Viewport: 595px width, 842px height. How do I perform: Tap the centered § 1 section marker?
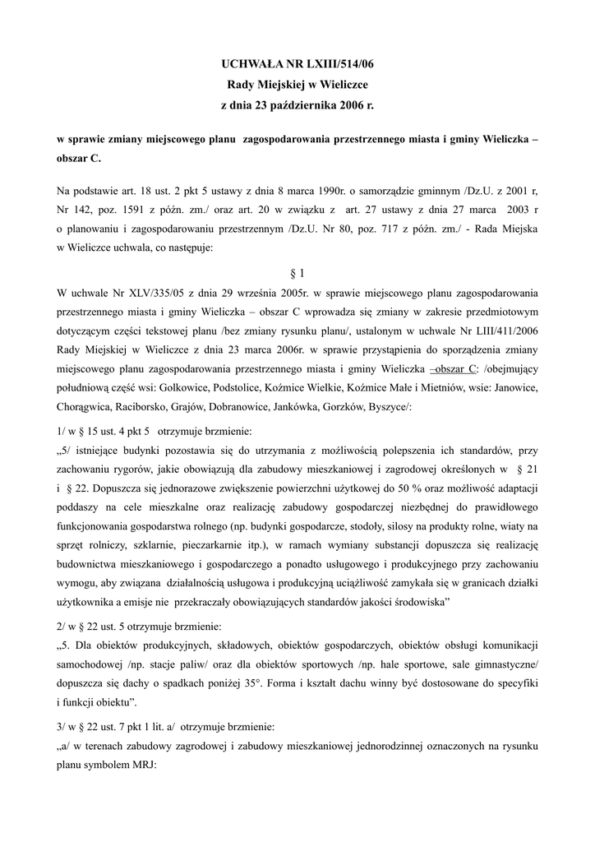[297, 273]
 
